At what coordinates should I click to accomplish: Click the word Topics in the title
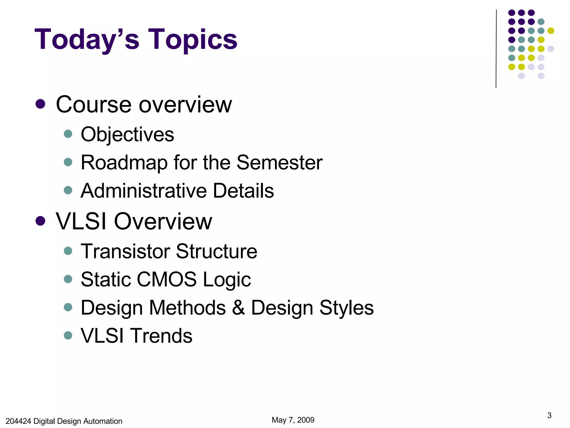[193, 40]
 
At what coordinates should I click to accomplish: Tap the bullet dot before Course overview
[40, 104]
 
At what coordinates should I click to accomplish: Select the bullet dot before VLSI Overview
[40, 221]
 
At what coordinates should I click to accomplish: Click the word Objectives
[127, 135]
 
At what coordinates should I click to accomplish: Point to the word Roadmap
[124, 163]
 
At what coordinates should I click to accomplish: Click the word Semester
[279, 162]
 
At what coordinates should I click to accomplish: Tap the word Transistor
[126, 251]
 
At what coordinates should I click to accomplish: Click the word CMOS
[166, 279]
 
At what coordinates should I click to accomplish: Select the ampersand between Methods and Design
[239, 308]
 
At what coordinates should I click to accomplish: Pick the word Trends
[162, 336]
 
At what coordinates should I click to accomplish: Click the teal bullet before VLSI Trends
[68, 335]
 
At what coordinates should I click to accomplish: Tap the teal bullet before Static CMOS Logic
[68, 279]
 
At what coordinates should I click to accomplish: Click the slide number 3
[549, 415]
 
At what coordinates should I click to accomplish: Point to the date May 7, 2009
[293, 420]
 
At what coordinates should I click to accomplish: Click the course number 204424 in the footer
[18, 421]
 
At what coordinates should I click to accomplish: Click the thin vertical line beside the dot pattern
[496, 49]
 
